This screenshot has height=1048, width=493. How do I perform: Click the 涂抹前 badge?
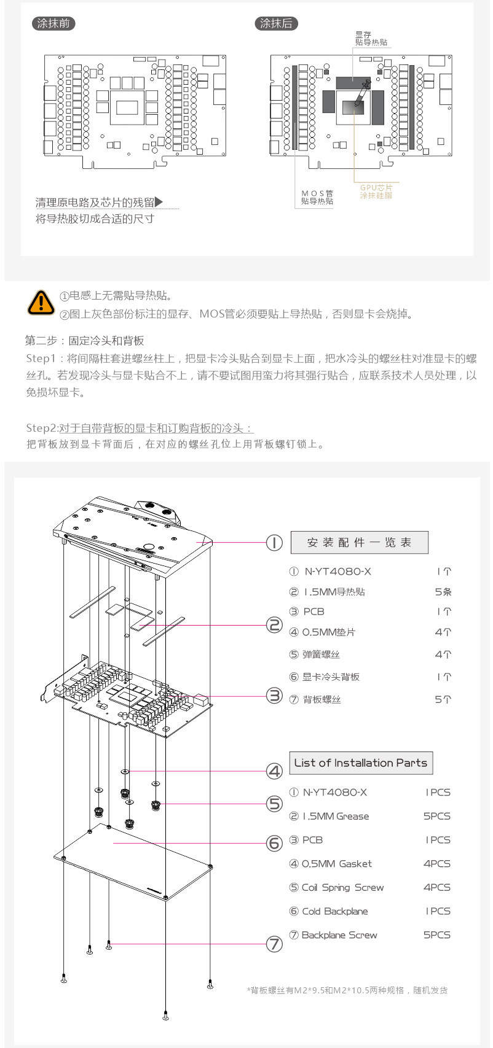[x=53, y=23]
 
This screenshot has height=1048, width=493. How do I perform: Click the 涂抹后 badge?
[x=276, y=23]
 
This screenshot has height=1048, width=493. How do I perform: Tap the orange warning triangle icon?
[x=41, y=302]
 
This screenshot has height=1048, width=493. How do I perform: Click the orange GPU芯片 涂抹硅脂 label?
[x=376, y=191]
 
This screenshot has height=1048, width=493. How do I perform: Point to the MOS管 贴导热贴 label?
[x=317, y=197]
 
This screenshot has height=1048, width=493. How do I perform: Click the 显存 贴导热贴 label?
[x=371, y=38]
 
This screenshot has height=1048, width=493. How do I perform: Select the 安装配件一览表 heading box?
[x=359, y=542]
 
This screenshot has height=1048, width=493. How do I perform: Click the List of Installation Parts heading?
[x=361, y=763]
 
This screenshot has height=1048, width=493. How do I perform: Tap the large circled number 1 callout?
[x=274, y=542]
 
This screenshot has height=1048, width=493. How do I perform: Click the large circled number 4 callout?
[x=274, y=771]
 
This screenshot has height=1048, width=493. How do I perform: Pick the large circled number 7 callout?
[x=274, y=944]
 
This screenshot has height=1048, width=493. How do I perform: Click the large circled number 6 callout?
[x=274, y=843]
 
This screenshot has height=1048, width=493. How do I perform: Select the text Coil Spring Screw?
[x=342, y=887]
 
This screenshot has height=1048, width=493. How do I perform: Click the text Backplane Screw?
[x=339, y=934]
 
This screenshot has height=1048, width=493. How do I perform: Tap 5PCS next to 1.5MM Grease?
[x=436, y=816]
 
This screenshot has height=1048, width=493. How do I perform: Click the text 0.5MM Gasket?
[x=337, y=863]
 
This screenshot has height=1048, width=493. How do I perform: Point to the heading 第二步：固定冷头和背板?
[x=85, y=340]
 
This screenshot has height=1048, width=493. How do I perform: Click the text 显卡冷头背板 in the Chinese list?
[x=331, y=677]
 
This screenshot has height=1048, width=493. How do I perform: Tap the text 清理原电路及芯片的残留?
[x=95, y=202]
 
